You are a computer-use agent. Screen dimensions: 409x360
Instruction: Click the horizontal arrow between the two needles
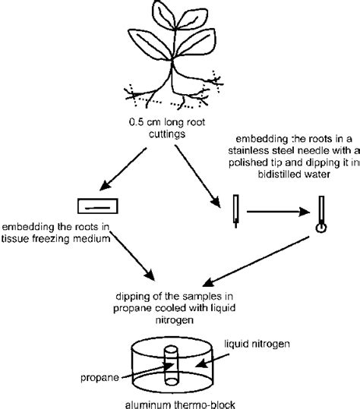(x=277, y=210)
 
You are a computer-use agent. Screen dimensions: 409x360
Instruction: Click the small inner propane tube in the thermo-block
(x=171, y=357)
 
